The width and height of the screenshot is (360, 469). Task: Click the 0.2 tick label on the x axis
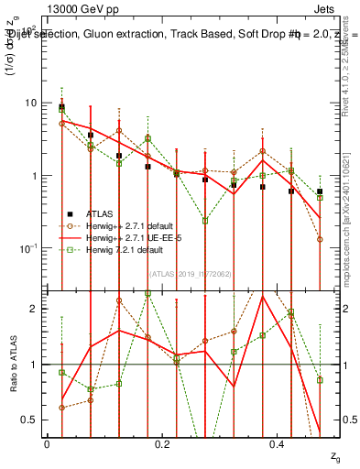click(x=163, y=443)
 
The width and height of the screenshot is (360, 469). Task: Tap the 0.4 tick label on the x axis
click(x=279, y=443)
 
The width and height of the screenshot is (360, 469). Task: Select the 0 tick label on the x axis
click(x=47, y=443)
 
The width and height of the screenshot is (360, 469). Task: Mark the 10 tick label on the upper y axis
click(x=29, y=103)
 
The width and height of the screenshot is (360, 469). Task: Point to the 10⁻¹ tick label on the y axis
click(x=27, y=248)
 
